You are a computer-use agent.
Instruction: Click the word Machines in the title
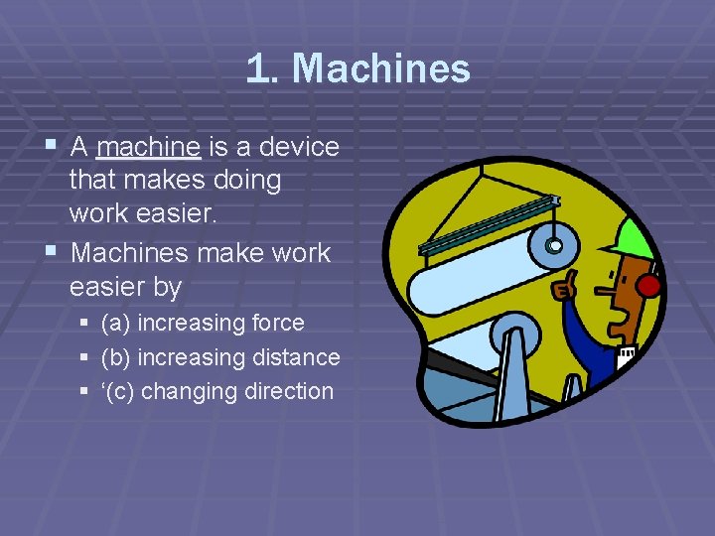tap(380, 68)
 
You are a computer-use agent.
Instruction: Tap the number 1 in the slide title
tap(257, 68)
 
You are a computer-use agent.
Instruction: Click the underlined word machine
tap(149, 148)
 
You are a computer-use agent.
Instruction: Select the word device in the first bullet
tap(299, 148)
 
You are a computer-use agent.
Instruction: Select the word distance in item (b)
tap(296, 357)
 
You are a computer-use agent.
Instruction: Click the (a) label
tap(117, 323)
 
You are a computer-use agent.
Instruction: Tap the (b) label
tap(117, 357)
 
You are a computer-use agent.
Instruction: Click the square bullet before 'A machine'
tap(54, 147)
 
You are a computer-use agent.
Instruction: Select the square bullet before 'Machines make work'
tap(54, 252)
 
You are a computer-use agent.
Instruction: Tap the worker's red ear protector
tap(648, 288)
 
